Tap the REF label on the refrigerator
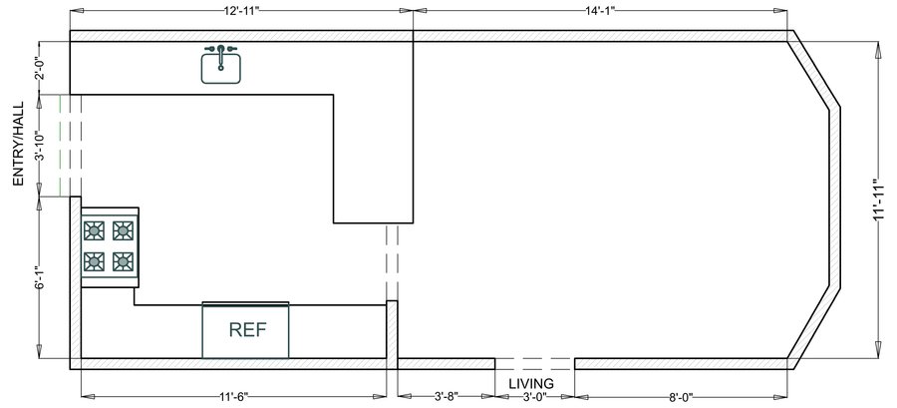[246, 329]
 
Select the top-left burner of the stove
[94, 231]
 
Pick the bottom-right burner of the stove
[124, 261]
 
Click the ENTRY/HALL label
[17, 144]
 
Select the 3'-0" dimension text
[535, 397]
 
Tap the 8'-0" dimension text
[680, 397]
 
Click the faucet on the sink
[220, 48]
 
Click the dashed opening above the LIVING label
[535, 360]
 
